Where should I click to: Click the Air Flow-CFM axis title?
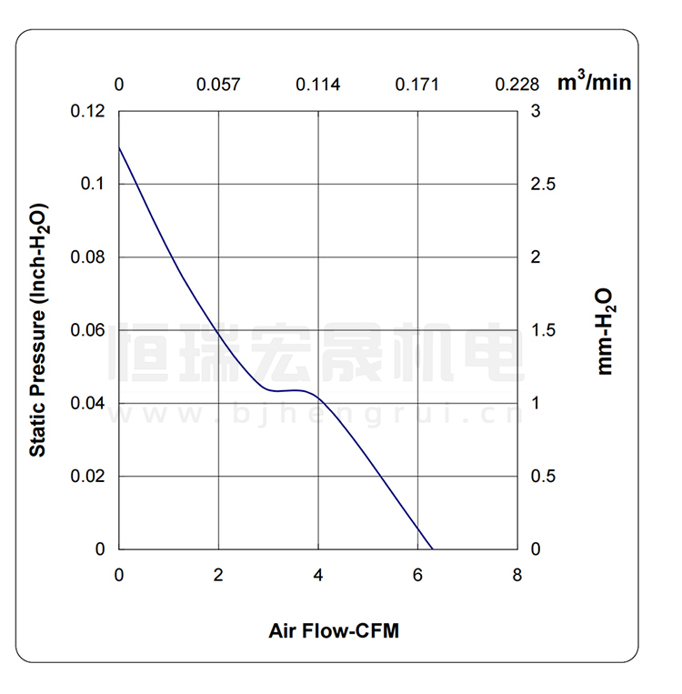point(334,630)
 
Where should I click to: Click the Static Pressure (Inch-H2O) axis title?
point(38,330)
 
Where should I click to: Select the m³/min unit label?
point(594,83)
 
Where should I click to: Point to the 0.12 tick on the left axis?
point(87,112)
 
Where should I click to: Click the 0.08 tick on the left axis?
point(87,257)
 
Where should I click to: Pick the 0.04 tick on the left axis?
point(87,403)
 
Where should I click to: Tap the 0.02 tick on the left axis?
point(87,477)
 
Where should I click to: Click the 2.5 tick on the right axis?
point(543,185)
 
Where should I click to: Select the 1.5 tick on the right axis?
point(543,330)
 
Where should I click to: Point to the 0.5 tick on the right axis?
point(543,477)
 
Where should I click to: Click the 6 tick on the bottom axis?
point(417,575)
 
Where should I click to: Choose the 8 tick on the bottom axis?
point(517,575)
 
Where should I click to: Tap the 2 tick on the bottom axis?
point(218,575)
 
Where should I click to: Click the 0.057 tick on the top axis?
point(218,85)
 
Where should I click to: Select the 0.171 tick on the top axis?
point(416,85)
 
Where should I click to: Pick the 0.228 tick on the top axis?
point(517,85)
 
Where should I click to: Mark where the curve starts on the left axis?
point(120,147)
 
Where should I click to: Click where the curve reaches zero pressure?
point(433,549)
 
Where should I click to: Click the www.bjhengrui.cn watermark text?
point(315,416)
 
